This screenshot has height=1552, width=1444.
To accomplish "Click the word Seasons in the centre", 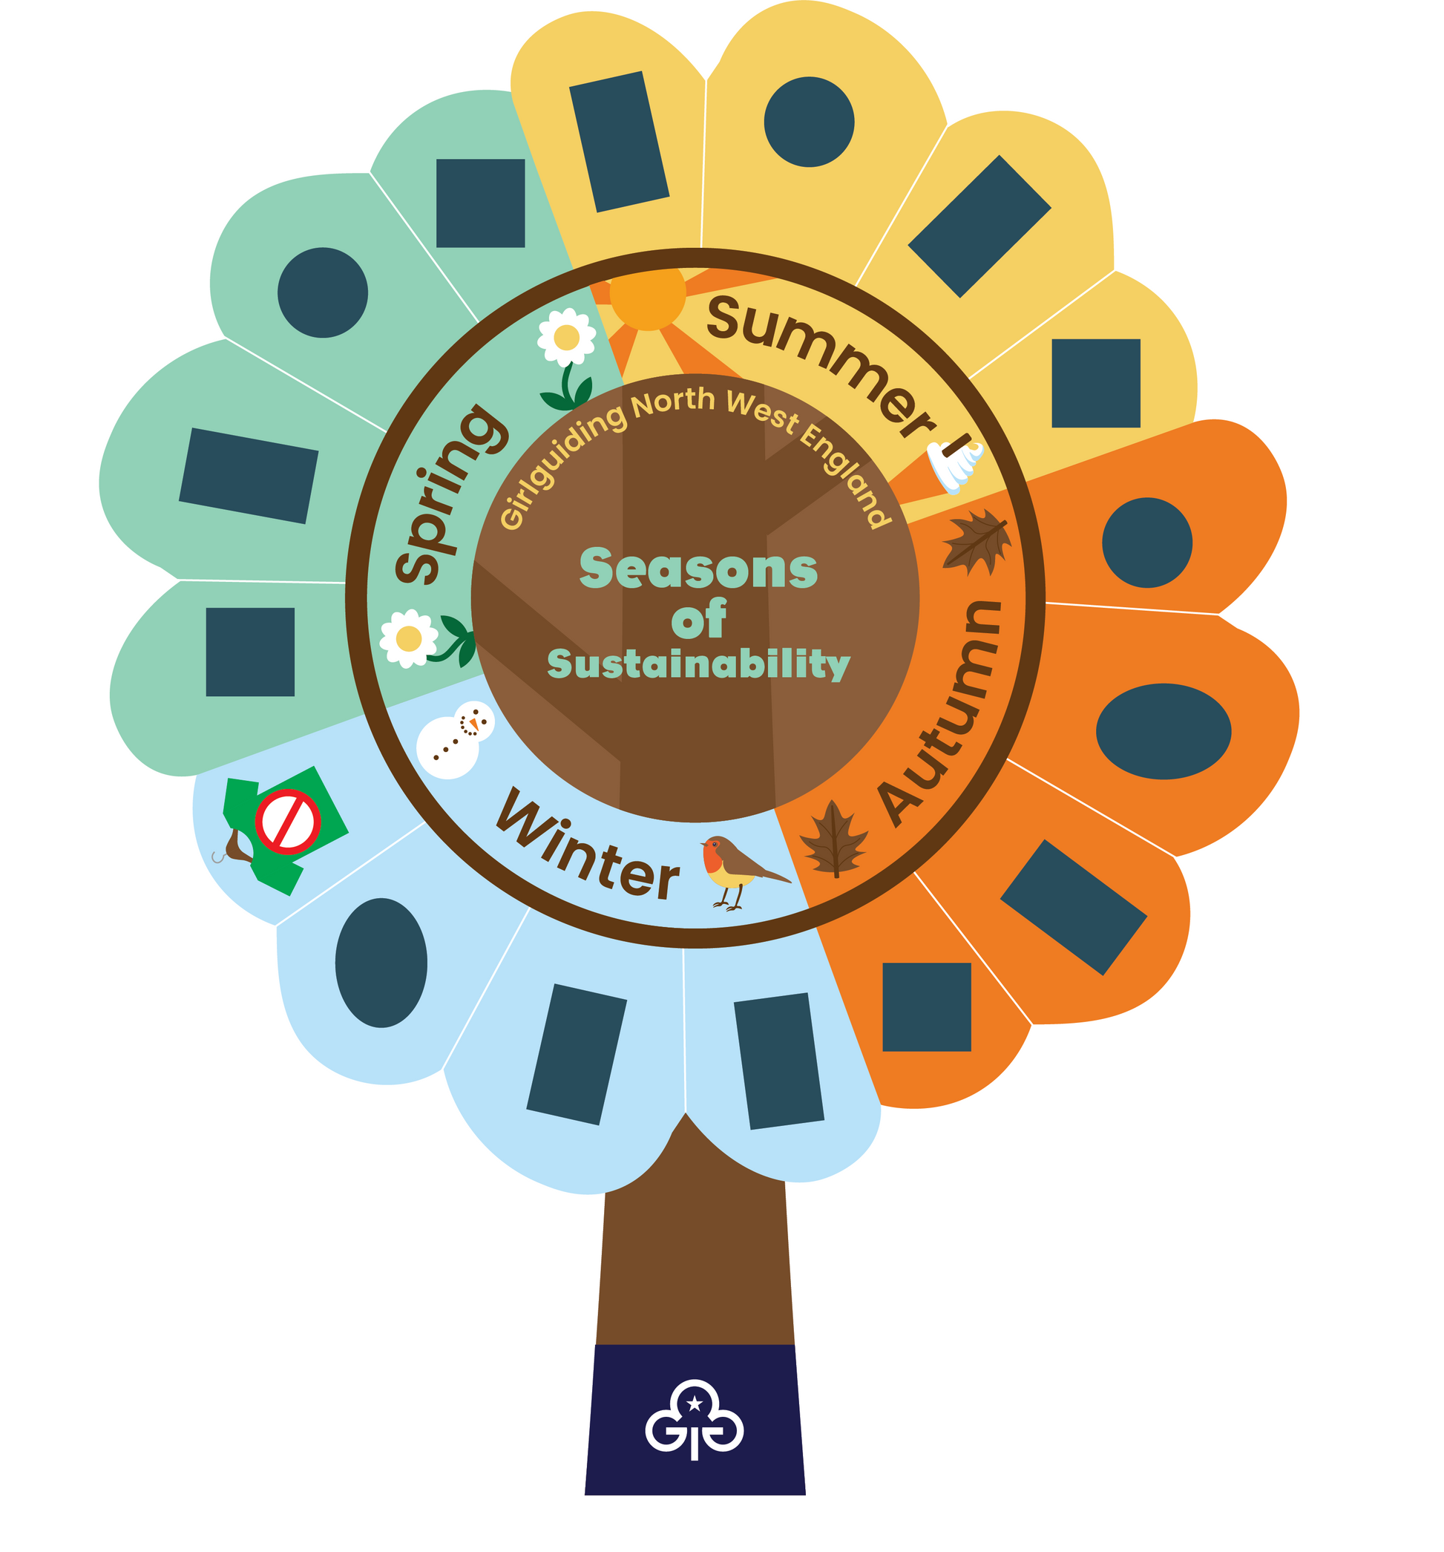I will tap(698, 569).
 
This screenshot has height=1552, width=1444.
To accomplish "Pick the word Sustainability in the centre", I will tap(698, 664).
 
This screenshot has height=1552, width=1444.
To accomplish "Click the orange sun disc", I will tap(647, 293).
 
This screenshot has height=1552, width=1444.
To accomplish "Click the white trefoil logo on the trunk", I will tap(694, 1428).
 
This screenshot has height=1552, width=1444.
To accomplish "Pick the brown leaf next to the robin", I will tap(833, 839).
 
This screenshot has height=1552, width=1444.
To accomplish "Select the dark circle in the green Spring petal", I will tap(322, 292).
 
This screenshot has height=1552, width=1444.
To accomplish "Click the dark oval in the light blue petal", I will tap(381, 963).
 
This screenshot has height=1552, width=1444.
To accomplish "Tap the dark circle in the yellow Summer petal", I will tap(809, 122).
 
